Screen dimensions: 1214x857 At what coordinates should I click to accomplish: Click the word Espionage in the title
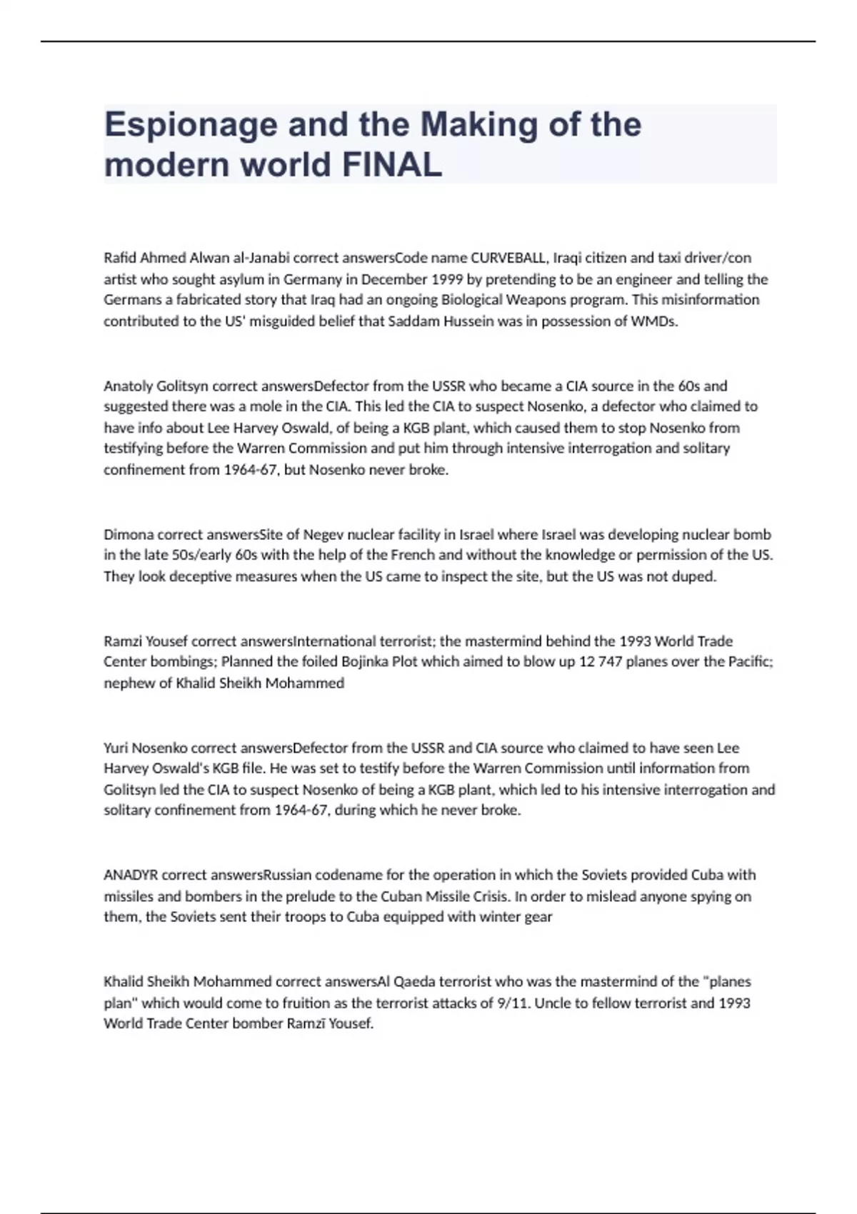[190, 126]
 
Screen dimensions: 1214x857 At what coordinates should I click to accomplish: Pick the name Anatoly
[128, 386]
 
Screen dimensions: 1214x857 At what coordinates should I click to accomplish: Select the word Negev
[323, 535]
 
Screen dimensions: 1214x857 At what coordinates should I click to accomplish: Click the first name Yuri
[116, 748]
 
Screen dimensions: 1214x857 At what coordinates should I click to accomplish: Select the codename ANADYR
[131, 876]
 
